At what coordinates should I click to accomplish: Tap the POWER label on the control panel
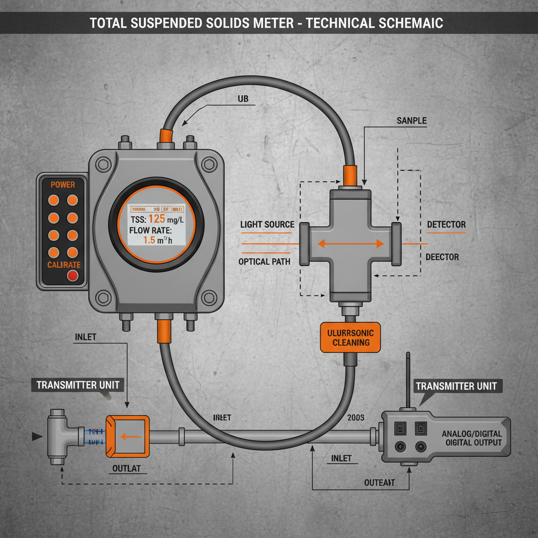pyautogui.click(x=63, y=184)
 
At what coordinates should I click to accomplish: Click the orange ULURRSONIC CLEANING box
pyautogui.click(x=350, y=337)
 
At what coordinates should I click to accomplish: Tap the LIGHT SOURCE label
pyautogui.click(x=267, y=224)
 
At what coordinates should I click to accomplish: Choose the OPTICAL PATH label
pyautogui.click(x=264, y=261)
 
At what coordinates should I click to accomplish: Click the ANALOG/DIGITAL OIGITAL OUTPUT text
pyautogui.click(x=471, y=438)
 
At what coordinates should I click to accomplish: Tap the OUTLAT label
pyautogui.click(x=127, y=469)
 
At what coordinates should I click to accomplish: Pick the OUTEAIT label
pyautogui.click(x=379, y=482)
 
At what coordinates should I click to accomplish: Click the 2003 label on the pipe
pyautogui.click(x=356, y=417)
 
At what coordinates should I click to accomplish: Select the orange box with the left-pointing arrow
pyautogui.click(x=127, y=436)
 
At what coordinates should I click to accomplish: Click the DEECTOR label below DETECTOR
pyautogui.click(x=442, y=257)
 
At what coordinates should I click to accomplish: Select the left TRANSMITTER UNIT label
pyautogui.click(x=78, y=385)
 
